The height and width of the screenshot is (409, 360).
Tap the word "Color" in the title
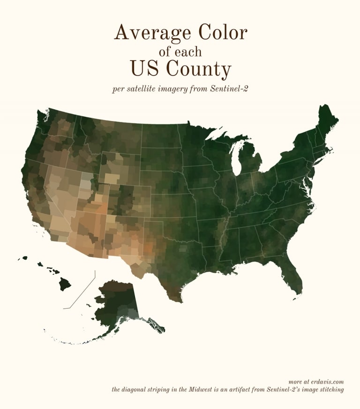coord(223,33)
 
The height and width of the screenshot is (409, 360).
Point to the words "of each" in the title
coord(180,51)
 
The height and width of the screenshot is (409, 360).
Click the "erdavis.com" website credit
coord(327,381)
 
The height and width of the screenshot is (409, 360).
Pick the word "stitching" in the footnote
coord(331,389)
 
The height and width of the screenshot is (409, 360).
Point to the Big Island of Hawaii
coord(65,284)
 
